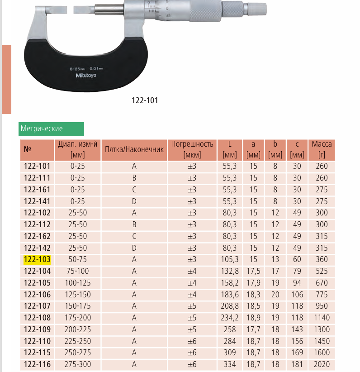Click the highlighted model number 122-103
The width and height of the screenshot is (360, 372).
(x=37, y=260)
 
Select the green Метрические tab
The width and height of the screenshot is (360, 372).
(x=51, y=129)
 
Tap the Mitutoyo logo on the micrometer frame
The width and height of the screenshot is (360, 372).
(x=86, y=76)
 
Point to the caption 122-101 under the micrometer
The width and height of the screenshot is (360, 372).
(x=145, y=100)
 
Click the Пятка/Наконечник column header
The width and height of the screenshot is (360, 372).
(x=134, y=149)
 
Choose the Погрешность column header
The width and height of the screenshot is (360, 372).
(x=192, y=149)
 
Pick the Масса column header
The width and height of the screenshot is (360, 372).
(x=322, y=149)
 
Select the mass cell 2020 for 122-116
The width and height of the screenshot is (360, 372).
(x=322, y=364)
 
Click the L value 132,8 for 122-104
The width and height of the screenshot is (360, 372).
(x=230, y=271)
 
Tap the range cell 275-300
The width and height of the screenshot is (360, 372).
(x=78, y=364)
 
